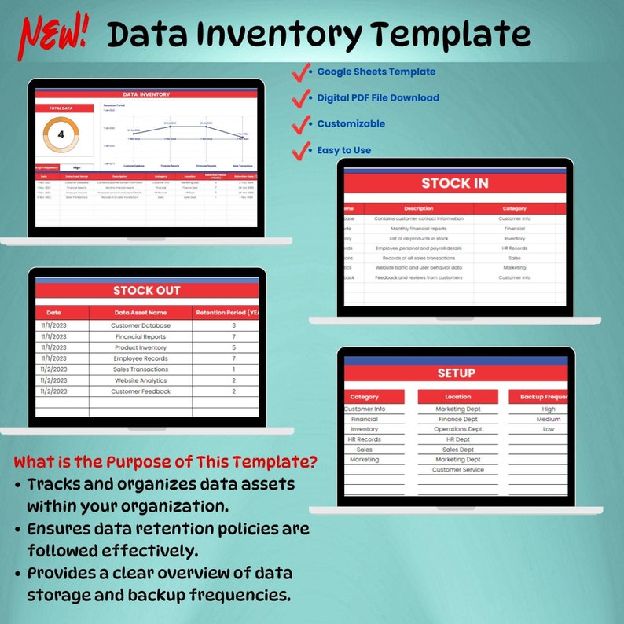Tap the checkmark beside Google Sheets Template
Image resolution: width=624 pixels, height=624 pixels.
[x=301, y=73]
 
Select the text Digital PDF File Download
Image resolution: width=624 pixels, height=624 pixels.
[x=377, y=98]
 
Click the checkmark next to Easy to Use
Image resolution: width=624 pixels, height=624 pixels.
[x=301, y=149]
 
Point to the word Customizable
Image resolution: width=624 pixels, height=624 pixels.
[x=351, y=123]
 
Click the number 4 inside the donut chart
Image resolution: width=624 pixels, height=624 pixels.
[x=61, y=134]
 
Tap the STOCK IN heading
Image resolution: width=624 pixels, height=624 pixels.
[x=454, y=183]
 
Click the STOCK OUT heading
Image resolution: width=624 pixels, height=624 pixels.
[x=146, y=290]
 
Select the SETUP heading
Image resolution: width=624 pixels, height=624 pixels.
[x=456, y=373]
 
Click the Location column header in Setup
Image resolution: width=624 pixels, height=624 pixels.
[x=457, y=397]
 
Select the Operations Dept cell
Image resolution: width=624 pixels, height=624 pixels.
[x=457, y=429]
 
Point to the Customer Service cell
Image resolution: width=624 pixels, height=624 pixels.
[x=457, y=470]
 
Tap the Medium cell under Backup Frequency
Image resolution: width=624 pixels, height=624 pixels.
[x=548, y=419]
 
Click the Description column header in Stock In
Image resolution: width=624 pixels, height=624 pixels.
[x=418, y=208]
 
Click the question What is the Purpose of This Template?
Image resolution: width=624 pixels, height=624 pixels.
[x=166, y=461]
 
